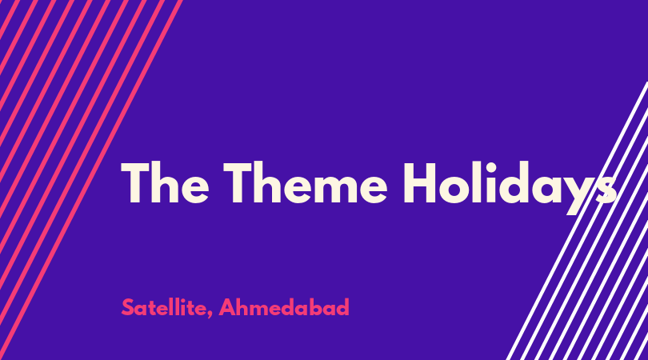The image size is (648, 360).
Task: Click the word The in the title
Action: (165, 182)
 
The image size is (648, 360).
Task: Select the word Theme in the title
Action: (306, 182)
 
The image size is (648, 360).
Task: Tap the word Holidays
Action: (510, 188)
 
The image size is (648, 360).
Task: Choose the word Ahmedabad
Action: (284, 307)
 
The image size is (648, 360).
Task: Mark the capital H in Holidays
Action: (419, 182)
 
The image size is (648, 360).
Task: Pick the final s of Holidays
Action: (606, 189)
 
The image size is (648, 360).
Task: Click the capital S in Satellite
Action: (128, 307)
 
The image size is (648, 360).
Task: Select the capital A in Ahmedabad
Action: (227, 307)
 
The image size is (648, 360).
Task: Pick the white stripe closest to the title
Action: (577, 221)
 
